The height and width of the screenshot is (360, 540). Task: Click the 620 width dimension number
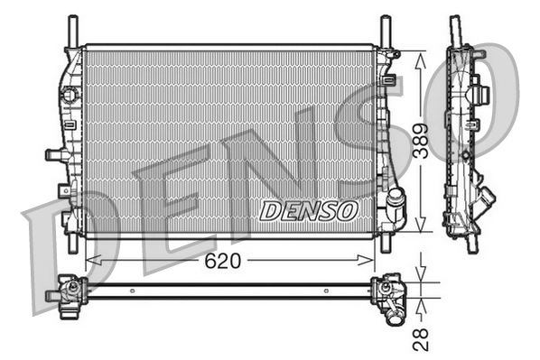tap(219, 262)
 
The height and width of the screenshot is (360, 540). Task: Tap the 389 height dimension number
tap(421, 140)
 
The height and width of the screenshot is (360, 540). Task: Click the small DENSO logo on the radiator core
tap(309, 210)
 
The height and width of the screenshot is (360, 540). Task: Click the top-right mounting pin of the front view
tap(385, 30)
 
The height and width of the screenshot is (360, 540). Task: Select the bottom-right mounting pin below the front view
tap(386, 244)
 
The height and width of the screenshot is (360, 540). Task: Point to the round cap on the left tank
tap(66, 95)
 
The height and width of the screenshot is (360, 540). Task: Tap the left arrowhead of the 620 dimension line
tap(90, 261)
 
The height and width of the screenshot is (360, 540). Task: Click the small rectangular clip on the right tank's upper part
tap(388, 81)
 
